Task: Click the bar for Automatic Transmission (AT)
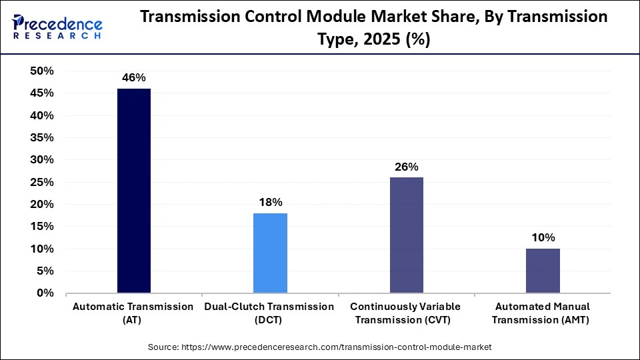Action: click(134, 191)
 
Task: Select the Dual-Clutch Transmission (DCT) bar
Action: click(270, 253)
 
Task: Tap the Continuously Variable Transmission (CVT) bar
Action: click(406, 235)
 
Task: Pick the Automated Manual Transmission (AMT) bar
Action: click(543, 271)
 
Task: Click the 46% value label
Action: click(134, 77)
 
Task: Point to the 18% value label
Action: click(270, 202)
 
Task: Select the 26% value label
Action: click(406, 167)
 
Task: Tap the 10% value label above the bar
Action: click(543, 238)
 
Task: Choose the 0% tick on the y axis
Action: click(45, 293)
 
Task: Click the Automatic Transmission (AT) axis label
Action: click(134, 313)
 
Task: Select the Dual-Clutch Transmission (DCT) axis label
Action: click(270, 313)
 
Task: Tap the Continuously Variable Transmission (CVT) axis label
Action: click(406, 313)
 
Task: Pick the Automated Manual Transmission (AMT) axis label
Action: click(543, 313)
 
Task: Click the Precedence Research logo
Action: click(57, 27)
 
